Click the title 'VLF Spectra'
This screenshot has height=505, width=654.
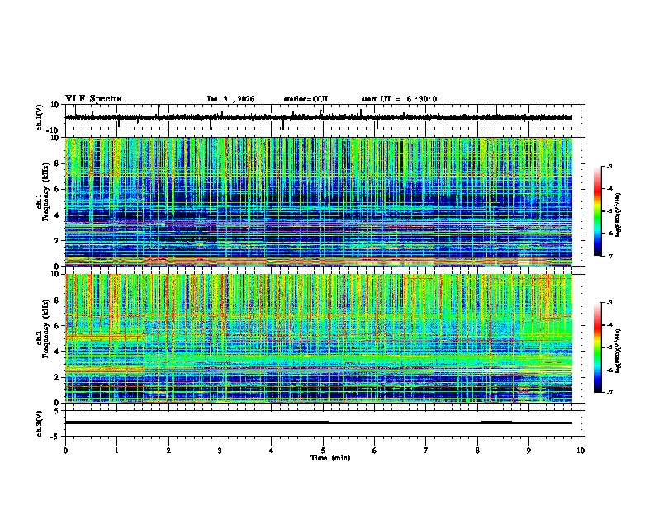pyautogui.click(x=93, y=99)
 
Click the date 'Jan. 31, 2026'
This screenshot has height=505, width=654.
pyautogui.click(x=230, y=99)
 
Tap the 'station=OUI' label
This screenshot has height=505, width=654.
pyautogui.click(x=306, y=99)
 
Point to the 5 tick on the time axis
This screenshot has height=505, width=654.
pyautogui.click(x=323, y=451)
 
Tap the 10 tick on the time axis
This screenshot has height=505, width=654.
pyautogui.click(x=581, y=451)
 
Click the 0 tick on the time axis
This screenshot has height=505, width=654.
pyautogui.click(x=65, y=451)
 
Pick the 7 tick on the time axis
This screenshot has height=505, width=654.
pyautogui.click(x=426, y=451)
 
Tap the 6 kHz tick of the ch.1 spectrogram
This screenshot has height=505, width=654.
pyautogui.click(x=59, y=189)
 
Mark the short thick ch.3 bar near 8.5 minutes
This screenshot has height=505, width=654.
pyautogui.click(x=496, y=422)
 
